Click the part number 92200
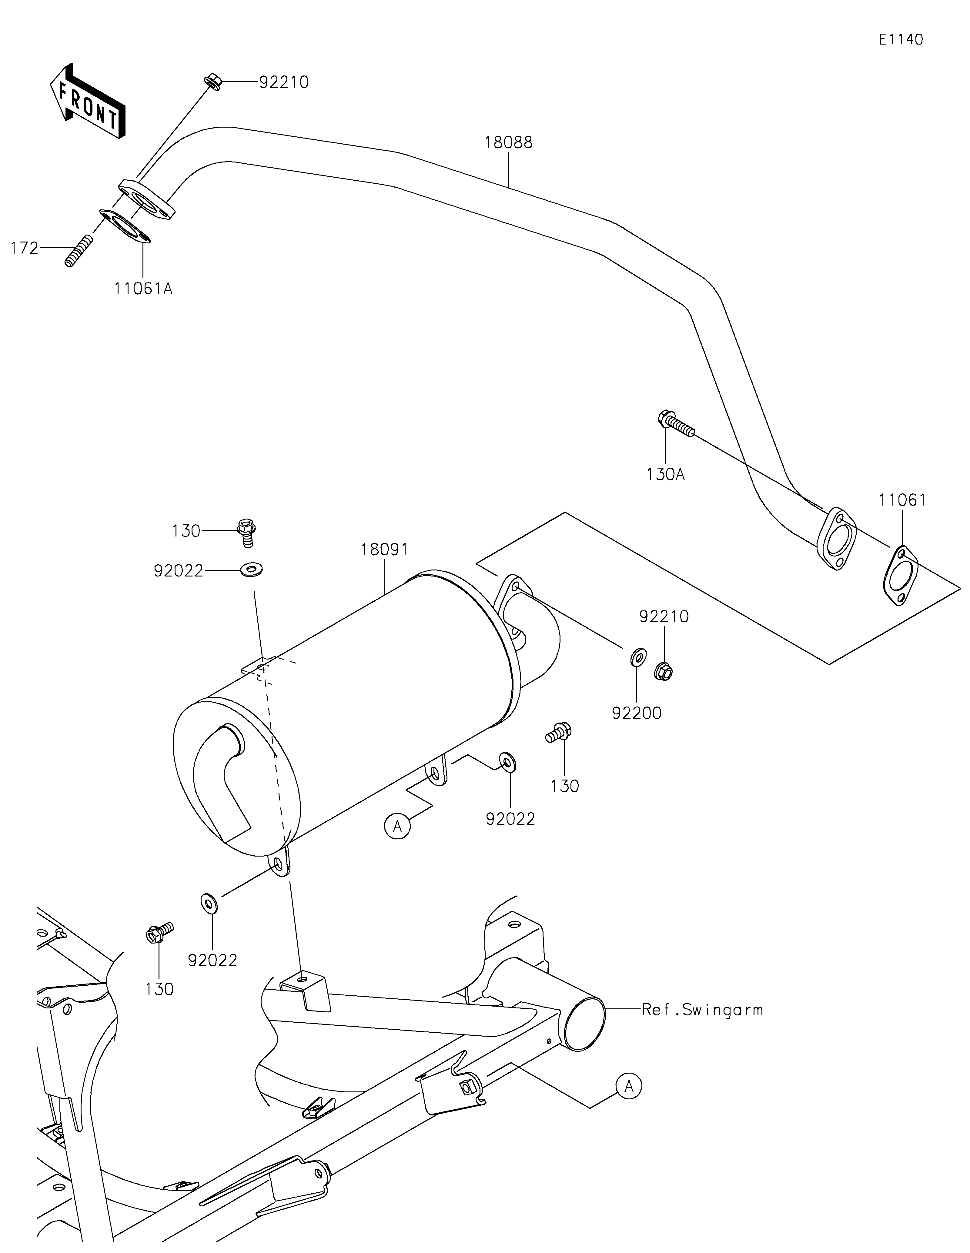click(x=637, y=713)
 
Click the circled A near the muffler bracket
click(x=397, y=827)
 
